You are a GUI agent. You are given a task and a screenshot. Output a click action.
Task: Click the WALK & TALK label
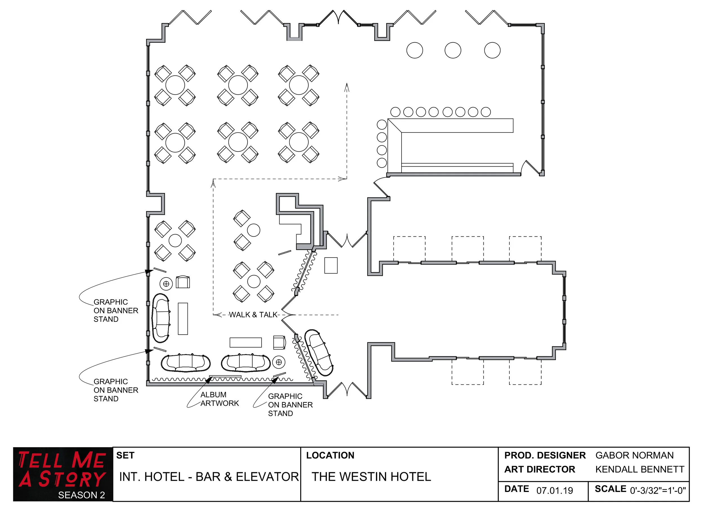(x=253, y=315)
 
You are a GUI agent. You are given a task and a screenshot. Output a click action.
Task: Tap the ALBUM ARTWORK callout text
(x=219, y=399)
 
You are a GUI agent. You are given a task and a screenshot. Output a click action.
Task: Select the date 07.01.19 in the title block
(x=554, y=490)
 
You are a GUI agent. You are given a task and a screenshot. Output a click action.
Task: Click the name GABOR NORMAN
(x=634, y=455)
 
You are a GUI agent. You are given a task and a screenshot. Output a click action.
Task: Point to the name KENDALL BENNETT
(x=640, y=469)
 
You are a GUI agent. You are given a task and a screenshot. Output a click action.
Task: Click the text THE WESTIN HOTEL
(x=371, y=476)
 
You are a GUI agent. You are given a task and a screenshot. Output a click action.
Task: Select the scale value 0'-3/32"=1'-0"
(x=658, y=490)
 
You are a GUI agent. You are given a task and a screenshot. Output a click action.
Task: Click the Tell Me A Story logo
(x=63, y=474)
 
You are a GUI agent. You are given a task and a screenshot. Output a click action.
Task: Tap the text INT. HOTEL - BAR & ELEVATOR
(x=209, y=476)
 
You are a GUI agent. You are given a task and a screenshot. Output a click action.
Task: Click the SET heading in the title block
(x=125, y=455)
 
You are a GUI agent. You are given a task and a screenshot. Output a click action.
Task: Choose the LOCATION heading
(x=330, y=455)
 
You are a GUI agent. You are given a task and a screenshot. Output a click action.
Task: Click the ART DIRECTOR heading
(x=539, y=469)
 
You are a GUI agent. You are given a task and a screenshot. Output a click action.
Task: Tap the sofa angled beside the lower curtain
(x=318, y=353)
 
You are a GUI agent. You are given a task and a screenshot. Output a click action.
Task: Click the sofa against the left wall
(x=161, y=318)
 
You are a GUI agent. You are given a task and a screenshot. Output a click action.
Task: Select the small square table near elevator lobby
(x=331, y=265)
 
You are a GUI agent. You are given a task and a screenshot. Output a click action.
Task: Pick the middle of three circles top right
(x=453, y=50)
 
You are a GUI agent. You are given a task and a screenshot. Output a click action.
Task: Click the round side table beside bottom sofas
(x=279, y=362)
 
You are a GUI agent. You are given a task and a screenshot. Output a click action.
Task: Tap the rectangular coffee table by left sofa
(x=183, y=319)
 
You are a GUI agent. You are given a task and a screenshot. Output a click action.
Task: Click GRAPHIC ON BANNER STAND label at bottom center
(x=290, y=405)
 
